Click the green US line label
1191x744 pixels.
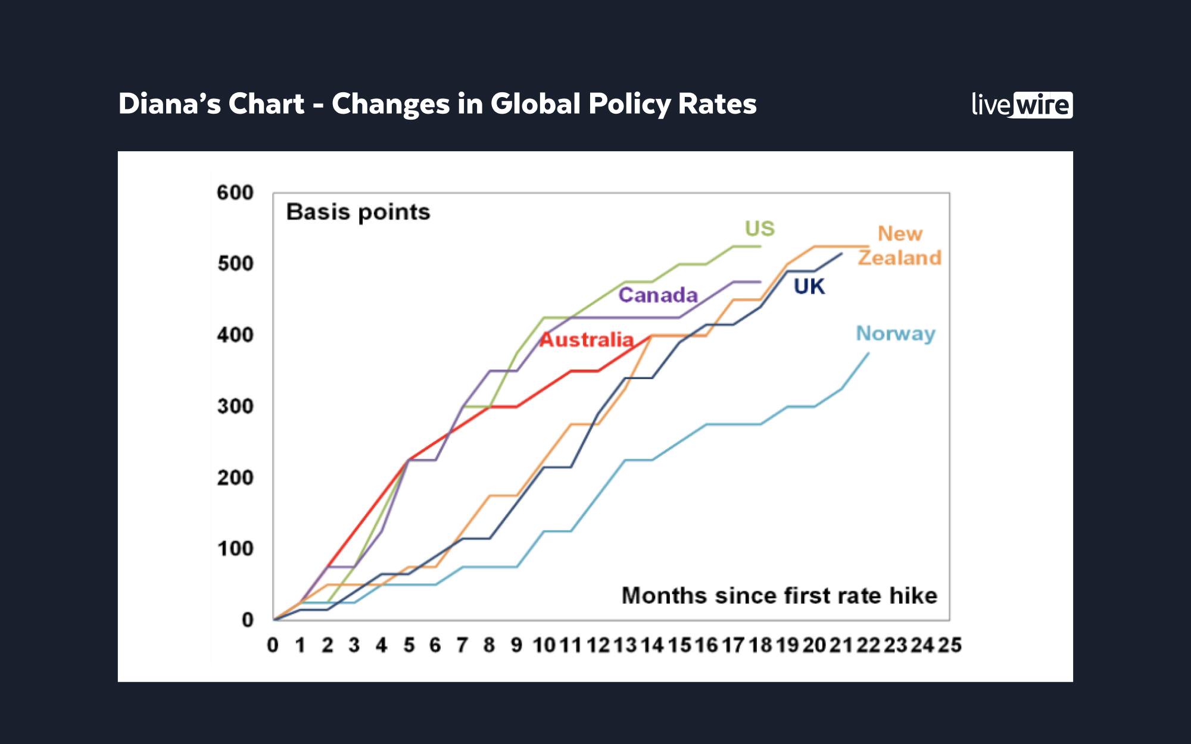tap(759, 229)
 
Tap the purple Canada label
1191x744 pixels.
tap(657, 295)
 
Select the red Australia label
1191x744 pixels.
tap(586, 340)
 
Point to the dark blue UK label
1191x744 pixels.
tap(809, 287)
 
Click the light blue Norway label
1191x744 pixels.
tap(895, 334)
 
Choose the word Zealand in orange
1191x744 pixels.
tap(899, 258)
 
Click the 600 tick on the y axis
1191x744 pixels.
tap(235, 193)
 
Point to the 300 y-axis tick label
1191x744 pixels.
tap(235, 407)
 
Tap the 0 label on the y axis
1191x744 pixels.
tap(248, 620)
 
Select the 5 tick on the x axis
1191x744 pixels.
tap(409, 645)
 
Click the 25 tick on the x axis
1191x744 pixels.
tap(949, 645)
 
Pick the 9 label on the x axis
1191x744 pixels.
tap(516, 645)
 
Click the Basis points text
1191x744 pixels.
tap(358, 212)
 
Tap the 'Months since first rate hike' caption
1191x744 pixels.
tap(779, 596)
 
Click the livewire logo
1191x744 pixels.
tap(1021, 105)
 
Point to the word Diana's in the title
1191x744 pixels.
tap(169, 104)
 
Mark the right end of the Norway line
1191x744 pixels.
tap(868, 354)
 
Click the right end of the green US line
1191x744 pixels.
tap(760, 246)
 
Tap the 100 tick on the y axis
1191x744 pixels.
tap(235, 549)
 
